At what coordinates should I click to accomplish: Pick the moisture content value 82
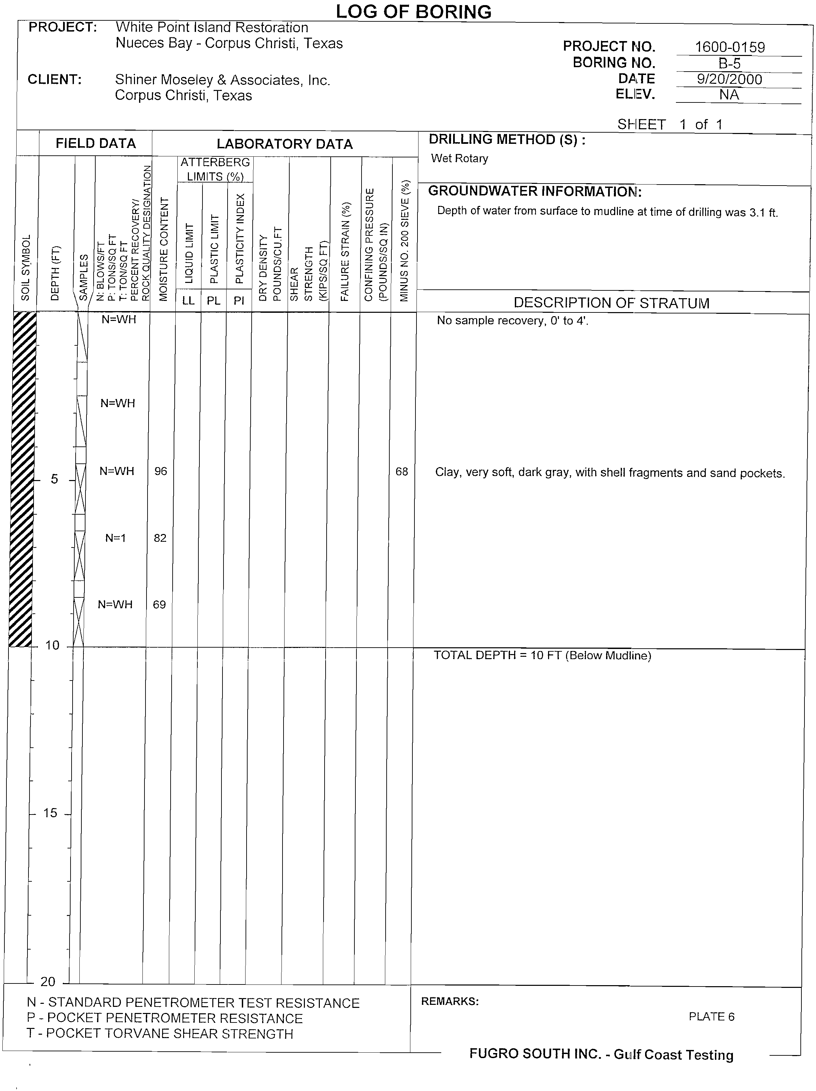pyautogui.click(x=160, y=538)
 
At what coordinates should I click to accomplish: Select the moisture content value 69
pyautogui.click(x=159, y=605)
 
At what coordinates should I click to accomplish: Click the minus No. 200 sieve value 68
pyautogui.click(x=402, y=472)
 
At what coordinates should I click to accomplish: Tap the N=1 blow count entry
pyautogui.click(x=116, y=538)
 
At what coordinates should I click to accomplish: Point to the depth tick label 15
pyautogui.click(x=50, y=813)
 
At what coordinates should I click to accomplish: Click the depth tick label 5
pyautogui.click(x=54, y=479)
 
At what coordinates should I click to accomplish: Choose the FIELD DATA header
pyautogui.click(x=96, y=143)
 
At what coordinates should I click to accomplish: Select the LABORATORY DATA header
pyautogui.click(x=285, y=144)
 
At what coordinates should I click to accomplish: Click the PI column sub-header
pyautogui.click(x=239, y=300)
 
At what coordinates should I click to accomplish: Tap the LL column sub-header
pyautogui.click(x=188, y=300)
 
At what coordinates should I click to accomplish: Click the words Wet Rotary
pyautogui.click(x=460, y=158)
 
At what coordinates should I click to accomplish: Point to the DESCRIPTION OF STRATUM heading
pyautogui.click(x=611, y=303)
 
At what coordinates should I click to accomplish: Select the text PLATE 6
pyautogui.click(x=712, y=1016)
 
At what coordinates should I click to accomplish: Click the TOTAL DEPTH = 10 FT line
pyautogui.click(x=542, y=655)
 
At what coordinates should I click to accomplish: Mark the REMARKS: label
pyautogui.click(x=450, y=1001)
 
